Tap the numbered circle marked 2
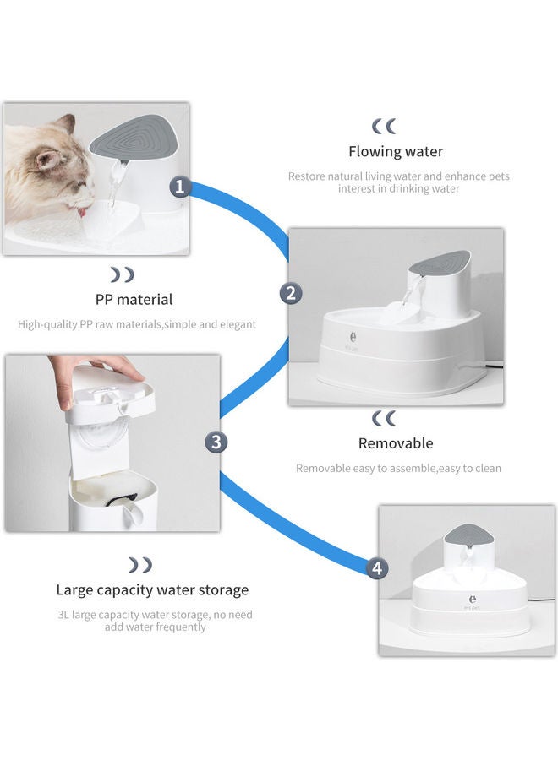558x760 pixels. pyautogui.click(x=291, y=293)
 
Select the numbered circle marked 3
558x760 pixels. pyautogui.click(x=216, y=442)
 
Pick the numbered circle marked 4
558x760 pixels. pyautogui.click(x=377, y=568)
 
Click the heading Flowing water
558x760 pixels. pyautogui.click(x=396, y=152)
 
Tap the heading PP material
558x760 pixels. pyautogui.click(x=134, y=299)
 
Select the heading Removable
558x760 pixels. pyautogui.click(x=396, y=443)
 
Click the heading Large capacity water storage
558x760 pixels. pyautogui.click(x=152, y=589)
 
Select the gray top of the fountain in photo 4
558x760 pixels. pyautogui.click(x=466, y=536)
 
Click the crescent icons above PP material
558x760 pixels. pyautogui.click(x=123, y=274)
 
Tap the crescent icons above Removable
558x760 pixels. pyautogui.click(x=384, y=418)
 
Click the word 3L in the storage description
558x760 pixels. pyautogui.click(x=63, y=615)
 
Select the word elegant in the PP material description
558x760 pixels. pyautogui.click(x=236, y=323)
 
